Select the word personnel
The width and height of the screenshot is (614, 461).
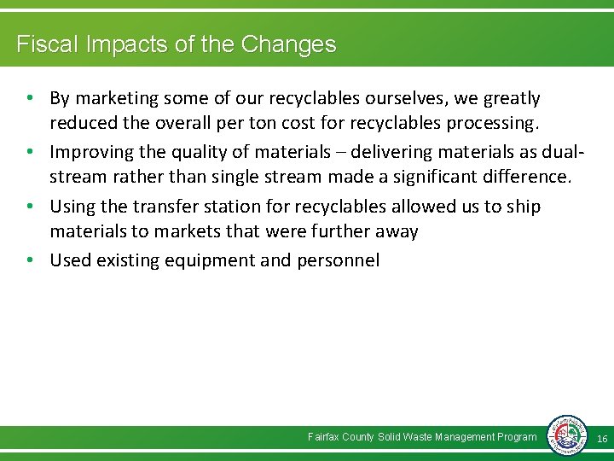tap(339, 260)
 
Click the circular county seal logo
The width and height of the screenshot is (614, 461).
tap(566, 436)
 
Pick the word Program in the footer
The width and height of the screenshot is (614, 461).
tap(517, 437)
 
